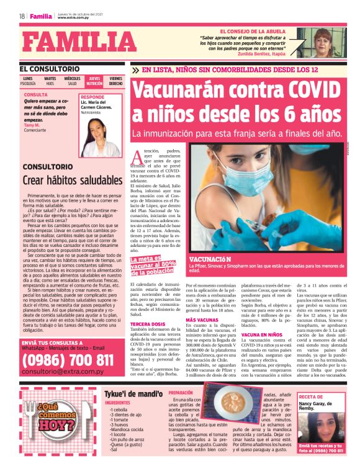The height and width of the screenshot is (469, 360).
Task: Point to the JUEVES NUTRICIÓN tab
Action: pos(94,81)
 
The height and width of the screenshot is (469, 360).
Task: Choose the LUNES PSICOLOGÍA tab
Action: pos(28,81)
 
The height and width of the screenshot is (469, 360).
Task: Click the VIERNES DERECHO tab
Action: pos(115,81)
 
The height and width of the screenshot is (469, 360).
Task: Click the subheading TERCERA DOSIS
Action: pos(148,324)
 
